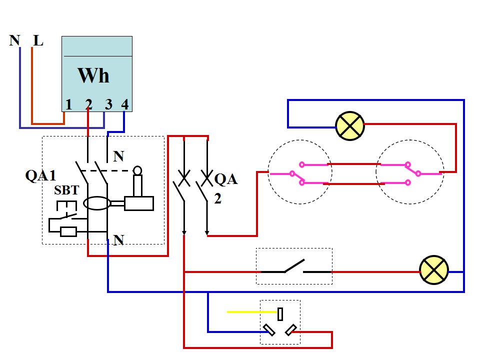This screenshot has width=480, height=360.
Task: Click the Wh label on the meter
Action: click(x=93, y=75)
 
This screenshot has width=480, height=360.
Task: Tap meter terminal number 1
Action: click(x=69, y=104)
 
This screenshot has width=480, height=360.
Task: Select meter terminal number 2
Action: click(x=88, y=104)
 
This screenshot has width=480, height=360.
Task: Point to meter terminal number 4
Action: click(x=124, y=104)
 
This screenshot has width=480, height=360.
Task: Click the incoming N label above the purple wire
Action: click(x=15, y=40)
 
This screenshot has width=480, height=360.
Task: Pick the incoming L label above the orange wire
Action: click(x=38, y=40)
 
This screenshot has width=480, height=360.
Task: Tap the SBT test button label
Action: click(x=66, y=191)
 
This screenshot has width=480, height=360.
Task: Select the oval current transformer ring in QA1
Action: click(x=96, y=203)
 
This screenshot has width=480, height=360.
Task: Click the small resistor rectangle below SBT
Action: click(x=68, y=231)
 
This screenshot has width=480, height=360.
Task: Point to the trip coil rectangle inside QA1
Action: click(x=139, y=203)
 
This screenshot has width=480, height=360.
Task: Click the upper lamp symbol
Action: click(x=350, y=125)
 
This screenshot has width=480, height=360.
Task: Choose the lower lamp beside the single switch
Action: click(x=433, y=271)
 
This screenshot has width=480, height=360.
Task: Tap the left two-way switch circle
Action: click(x=300, y=171)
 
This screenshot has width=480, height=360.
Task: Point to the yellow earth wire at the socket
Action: click(x=245, y=312)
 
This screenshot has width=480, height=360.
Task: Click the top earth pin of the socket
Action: click(x=280, y=314)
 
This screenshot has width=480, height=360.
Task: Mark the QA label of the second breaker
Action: click(x=225, y=179)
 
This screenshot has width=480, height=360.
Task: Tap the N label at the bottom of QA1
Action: click(x=118, y=240)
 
